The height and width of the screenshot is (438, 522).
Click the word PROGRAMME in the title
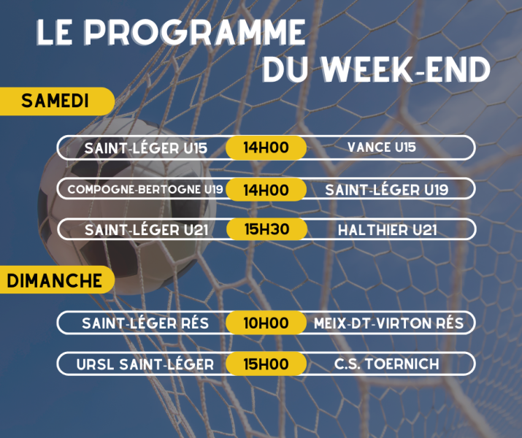(194, 32)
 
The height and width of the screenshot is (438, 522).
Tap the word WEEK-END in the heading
(405, 69)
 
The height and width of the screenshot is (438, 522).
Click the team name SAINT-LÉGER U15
(146, 148)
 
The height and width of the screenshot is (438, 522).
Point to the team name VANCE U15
(382, 147)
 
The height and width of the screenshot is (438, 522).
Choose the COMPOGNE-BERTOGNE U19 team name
(145, 189)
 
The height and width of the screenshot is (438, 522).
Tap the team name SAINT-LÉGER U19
(386, 190)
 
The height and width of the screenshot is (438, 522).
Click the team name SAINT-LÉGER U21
(147, 230)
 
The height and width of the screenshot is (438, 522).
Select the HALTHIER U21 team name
(387, 230)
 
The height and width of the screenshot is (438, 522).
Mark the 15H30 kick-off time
(266, 229)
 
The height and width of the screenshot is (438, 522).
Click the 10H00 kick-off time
(266, 323)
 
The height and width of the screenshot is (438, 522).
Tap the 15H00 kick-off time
(266, 364)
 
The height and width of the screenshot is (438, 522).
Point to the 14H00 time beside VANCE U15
(266, 147)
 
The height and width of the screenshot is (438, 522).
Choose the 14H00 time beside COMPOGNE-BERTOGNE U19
(266, 190)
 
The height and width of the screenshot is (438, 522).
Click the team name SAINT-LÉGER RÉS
(145, 323)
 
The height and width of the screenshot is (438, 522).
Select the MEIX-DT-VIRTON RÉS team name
(388, 323)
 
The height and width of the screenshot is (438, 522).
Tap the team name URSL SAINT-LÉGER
(145, 364)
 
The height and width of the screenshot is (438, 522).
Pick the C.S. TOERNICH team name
(386, 364)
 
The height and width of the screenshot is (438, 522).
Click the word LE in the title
(54, 32)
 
